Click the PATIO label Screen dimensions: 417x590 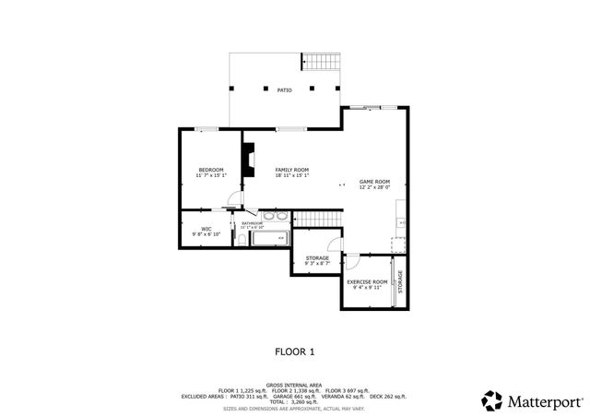coord(285,89)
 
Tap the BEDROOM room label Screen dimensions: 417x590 coord(212,170)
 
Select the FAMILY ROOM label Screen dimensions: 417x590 coord(291,170)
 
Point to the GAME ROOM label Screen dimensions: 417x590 coord(374,182)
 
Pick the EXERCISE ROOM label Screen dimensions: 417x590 coord(366,281)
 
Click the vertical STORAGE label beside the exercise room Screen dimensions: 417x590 coord(400,281)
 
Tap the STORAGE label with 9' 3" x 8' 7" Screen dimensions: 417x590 coord(317,258)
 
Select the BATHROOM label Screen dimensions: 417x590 coord(253,223)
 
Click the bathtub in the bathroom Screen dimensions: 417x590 coord(271,240)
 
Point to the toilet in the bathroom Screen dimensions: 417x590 coord(242,240)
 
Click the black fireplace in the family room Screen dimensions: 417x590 coord(248,160)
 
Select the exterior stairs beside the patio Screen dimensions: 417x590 coord(322,61)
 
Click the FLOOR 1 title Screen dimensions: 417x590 coord(295,351)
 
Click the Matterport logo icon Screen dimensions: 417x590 coord(492,400)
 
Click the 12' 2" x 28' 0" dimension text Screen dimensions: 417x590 coord(374,187)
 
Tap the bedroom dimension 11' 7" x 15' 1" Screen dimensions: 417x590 coord(212,175)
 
